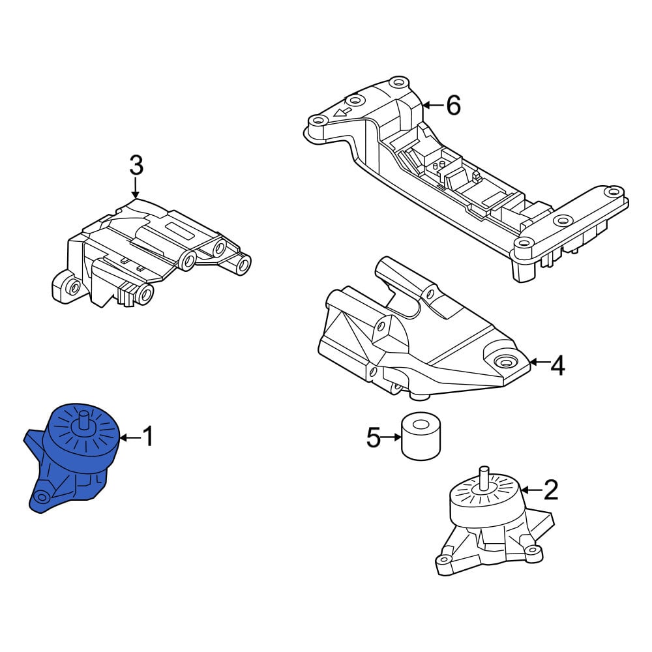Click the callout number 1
(148, 436)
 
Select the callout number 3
(136, 165)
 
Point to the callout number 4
(558, 366)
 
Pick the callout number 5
(374, 437)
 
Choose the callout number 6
(453, 105)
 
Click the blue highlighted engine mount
(73, 458)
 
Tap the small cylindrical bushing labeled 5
(421, 436)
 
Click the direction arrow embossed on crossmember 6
(342, 111)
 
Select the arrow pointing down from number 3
(136, 187)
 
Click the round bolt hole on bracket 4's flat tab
(505, 362)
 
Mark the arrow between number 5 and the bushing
(391, 437)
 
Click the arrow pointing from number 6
(433, 106)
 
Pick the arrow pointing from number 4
(539, 363)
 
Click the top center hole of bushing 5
(421, 424)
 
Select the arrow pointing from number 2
(532, 491)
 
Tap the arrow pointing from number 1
(130, 437)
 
